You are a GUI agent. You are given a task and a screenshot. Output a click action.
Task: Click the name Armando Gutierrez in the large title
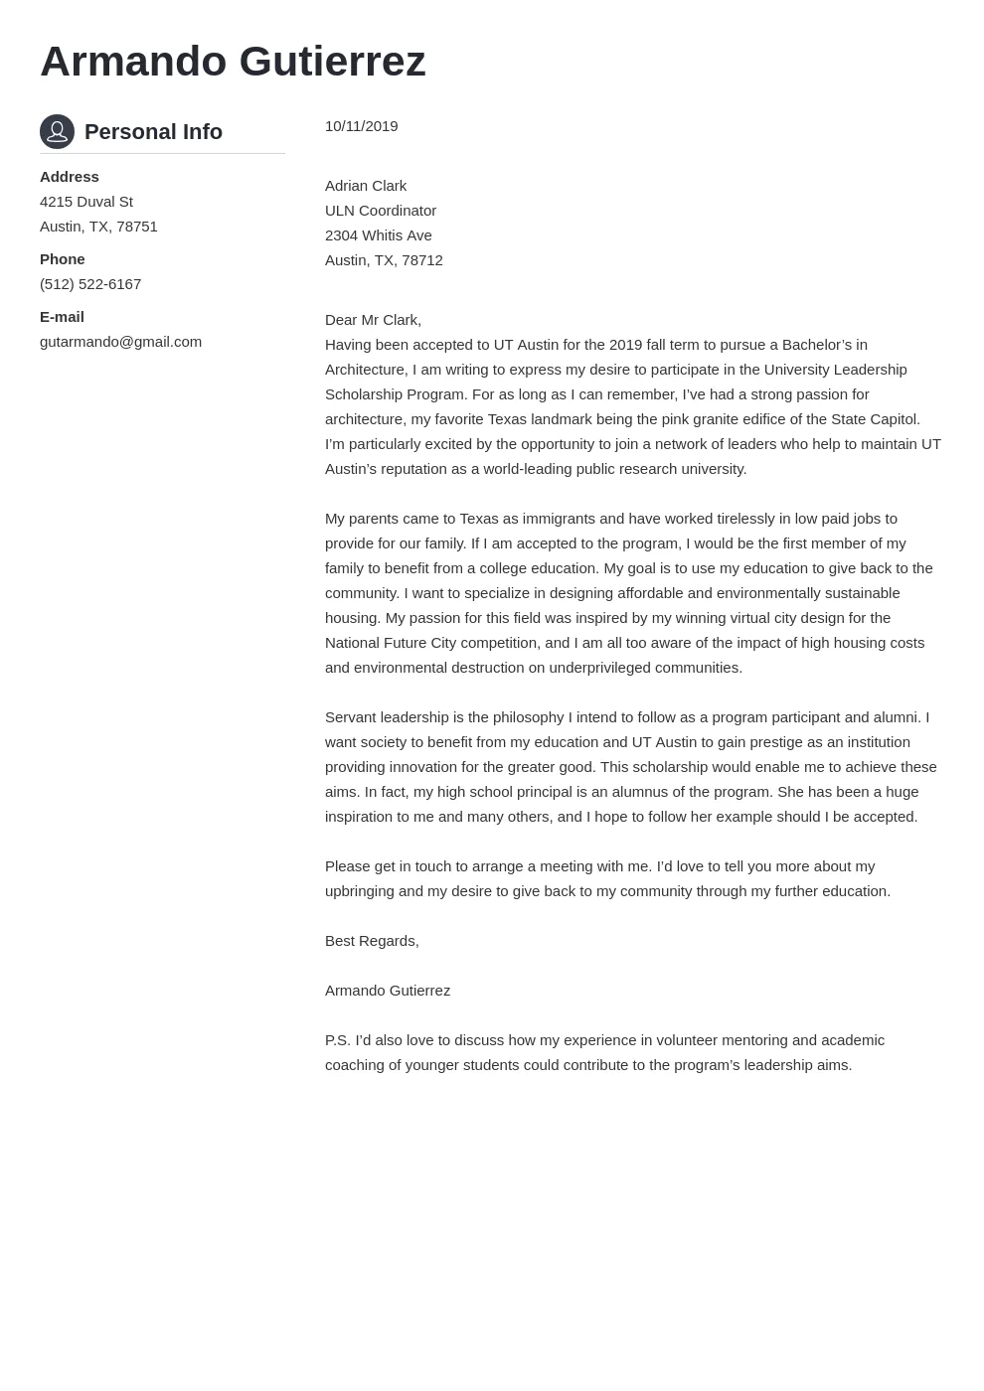coord(233,62)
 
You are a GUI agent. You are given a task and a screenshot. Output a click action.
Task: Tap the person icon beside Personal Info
coord(57,131)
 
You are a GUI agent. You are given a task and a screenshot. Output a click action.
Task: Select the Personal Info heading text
coord(153,132)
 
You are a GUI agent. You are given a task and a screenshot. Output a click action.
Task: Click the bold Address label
coord(70,177)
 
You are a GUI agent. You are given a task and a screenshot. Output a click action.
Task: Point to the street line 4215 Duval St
coord(86,202)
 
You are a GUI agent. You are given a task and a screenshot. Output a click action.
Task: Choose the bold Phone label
coord(63,259)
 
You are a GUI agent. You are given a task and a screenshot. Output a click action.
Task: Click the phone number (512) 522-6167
coord(90,284)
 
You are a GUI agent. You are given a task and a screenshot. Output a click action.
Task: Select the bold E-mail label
coord(62,317)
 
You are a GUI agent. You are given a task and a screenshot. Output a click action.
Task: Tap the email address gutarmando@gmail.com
coord(120,342)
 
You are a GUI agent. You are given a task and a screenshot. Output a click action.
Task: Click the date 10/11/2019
coord(361,126)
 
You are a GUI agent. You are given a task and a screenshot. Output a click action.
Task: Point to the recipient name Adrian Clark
coord(366,186)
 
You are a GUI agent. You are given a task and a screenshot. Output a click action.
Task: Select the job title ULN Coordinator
coord(381,211)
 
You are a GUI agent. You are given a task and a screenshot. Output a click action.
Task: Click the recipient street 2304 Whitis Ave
coord(379,235)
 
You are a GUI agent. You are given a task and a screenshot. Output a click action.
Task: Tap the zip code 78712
coord(422,260)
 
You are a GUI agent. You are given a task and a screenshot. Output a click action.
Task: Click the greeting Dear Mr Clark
coord(373,320)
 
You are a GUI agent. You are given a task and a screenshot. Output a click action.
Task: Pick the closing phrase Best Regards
coord(372,941)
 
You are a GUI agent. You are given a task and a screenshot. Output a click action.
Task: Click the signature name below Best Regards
coord(388,991)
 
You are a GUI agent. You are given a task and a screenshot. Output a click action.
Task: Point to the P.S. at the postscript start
coord(338,1040)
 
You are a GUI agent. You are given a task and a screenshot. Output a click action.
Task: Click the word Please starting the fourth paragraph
coord(348,866)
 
